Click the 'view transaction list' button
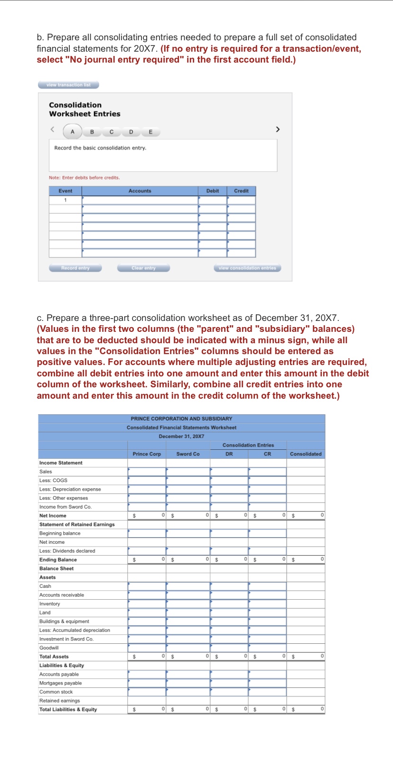(x=68, y=85)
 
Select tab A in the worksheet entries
(x=72, y=132)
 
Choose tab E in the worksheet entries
(x=150, y=132)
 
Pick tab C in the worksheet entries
(x=111, y=132)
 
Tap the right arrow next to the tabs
(x=278, y=129)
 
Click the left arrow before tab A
(x=53, y=129)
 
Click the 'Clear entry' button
(x=143, y=268)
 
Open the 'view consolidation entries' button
(x=247, y=268)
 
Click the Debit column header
(x=212, y=191)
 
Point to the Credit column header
(x=241, y=191)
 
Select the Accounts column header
(x=140, y=191)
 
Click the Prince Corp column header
(x=147, y=454)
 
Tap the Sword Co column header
(x=188, y=454)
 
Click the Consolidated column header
(x=306, y=454)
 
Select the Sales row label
(x=46, y=472)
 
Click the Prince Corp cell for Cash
(x=147, y=586)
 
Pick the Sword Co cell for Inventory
(x=188, y=604)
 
